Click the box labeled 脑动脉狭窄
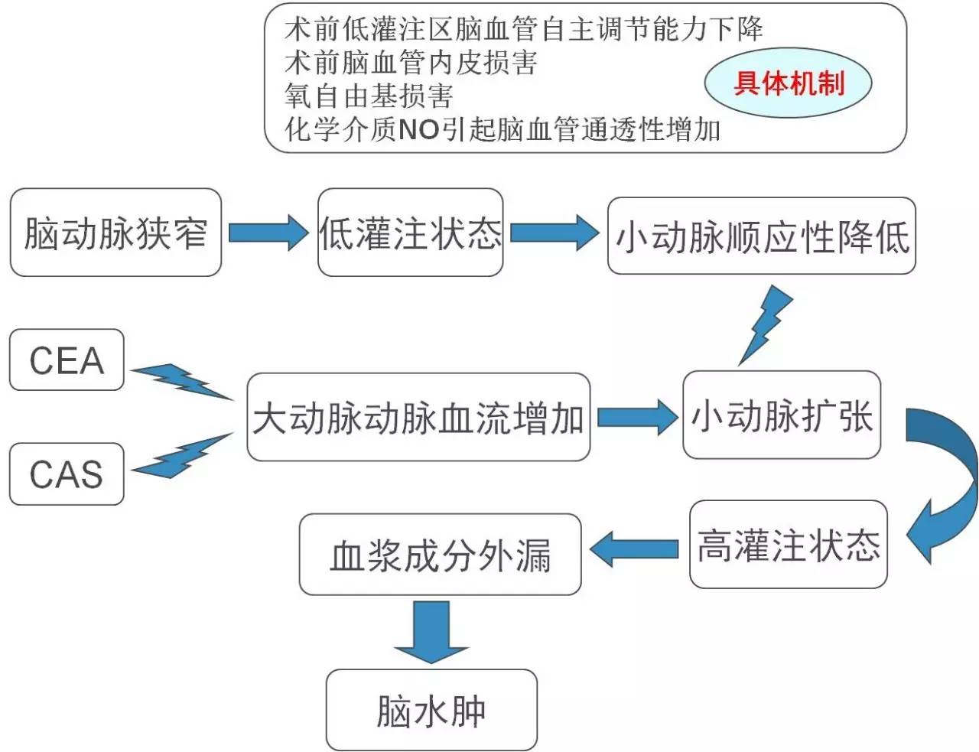click(x=115, y=233)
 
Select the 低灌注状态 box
click(x=410, y=233)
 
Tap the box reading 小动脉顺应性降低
click(x=761, y=236)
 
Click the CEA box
click(x=67, y=360)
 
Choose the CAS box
click(x=67, y=474)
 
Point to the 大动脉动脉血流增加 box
click(x=418, y=417)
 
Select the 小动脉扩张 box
click(x=781, y=415)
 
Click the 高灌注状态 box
click(x=788, y=545)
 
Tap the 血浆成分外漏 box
click(x=440, y=555)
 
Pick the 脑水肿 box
click(x=431, y=710)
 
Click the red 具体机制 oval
click(x=788, y=83)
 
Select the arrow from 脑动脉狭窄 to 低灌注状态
click(x=268, y=232)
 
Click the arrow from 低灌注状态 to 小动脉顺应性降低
click(x=554, y=232)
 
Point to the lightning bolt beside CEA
click(x=182, y=381)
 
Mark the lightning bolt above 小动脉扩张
click(x=765, y=324)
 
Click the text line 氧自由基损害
click(x=369, y=96)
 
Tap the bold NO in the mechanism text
click(x=418, y=129)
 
